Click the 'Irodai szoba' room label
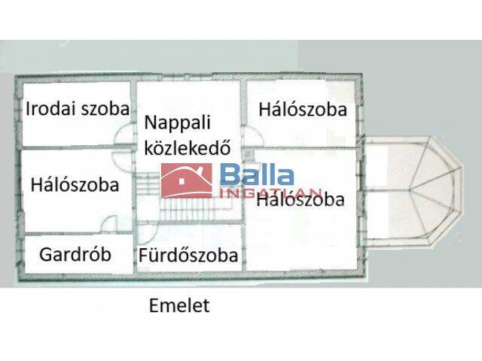(78, 108)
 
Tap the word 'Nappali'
(178, 123)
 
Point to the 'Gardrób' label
(75, 254)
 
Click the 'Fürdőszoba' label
(188, 255)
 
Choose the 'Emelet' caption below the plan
(179, 305)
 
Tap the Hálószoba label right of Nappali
(303, 110)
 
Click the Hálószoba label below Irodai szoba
(75, 185)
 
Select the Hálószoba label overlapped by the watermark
(300, 199)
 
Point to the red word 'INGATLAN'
(270, 193)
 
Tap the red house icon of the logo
(187, 180)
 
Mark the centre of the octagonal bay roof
(411, 190)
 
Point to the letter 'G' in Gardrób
(45, 254)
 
